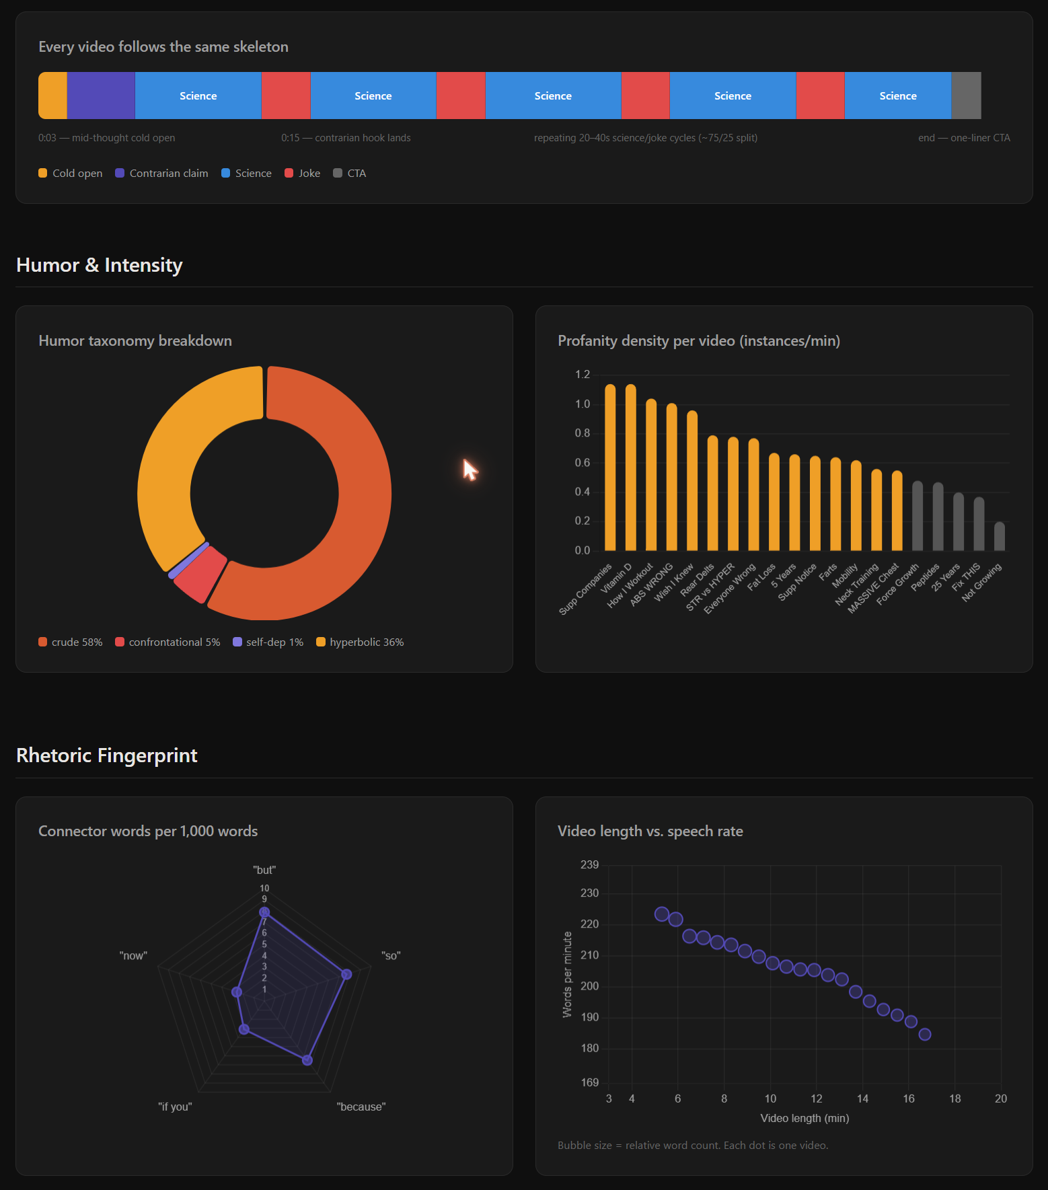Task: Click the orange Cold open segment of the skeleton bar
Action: coord(52,96)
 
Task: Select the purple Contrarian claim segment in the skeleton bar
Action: coord(101,96)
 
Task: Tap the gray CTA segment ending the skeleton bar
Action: coord(966,96)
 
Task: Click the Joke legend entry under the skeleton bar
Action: coord(303,173)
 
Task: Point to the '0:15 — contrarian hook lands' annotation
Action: coord(346,138)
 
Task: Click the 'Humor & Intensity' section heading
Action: coord(100,265)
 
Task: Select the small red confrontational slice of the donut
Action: coord(200,574)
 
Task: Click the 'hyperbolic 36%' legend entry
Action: coord(360,642)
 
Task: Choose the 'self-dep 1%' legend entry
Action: coord(268,642)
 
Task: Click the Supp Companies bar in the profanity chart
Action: coord(610,468)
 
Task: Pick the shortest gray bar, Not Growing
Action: coord(1000,536)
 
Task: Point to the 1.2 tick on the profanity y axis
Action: coord(583,375)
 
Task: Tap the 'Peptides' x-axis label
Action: coord(926,577)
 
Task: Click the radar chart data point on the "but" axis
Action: coord(264,912)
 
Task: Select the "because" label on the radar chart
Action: coord(361,1107)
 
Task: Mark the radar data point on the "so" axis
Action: coord(346,974)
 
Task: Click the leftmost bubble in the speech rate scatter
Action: coord(662,914)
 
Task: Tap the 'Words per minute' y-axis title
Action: coord(567,975)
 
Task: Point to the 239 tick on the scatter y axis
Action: coord(589,864)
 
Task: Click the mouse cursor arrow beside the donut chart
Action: coord(470,469)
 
